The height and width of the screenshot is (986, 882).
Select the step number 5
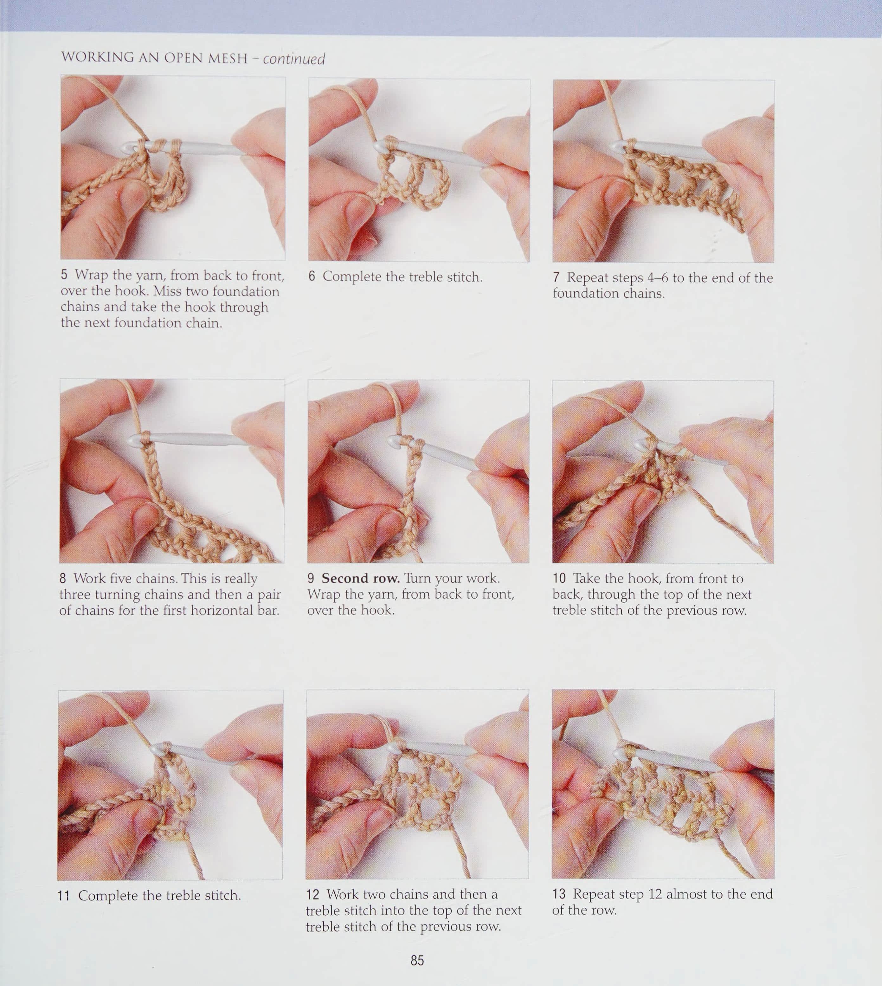64,275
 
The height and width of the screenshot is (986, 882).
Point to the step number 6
312,276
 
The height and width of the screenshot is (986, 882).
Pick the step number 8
63,578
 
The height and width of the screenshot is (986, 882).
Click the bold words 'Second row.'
361,578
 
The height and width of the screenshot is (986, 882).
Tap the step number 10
559,578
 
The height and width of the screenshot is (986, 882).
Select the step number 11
64,895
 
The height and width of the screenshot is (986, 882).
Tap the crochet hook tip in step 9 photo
392,441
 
